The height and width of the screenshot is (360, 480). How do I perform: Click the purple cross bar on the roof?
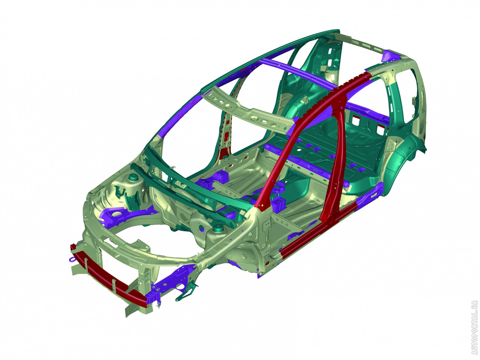pyautogui.click(x=295, y=73)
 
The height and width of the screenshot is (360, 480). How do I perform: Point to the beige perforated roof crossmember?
pyautogui.click(x=247, y=109)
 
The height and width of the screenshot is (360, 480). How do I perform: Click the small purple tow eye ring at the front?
pyautogui.click(x=72, y=259)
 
